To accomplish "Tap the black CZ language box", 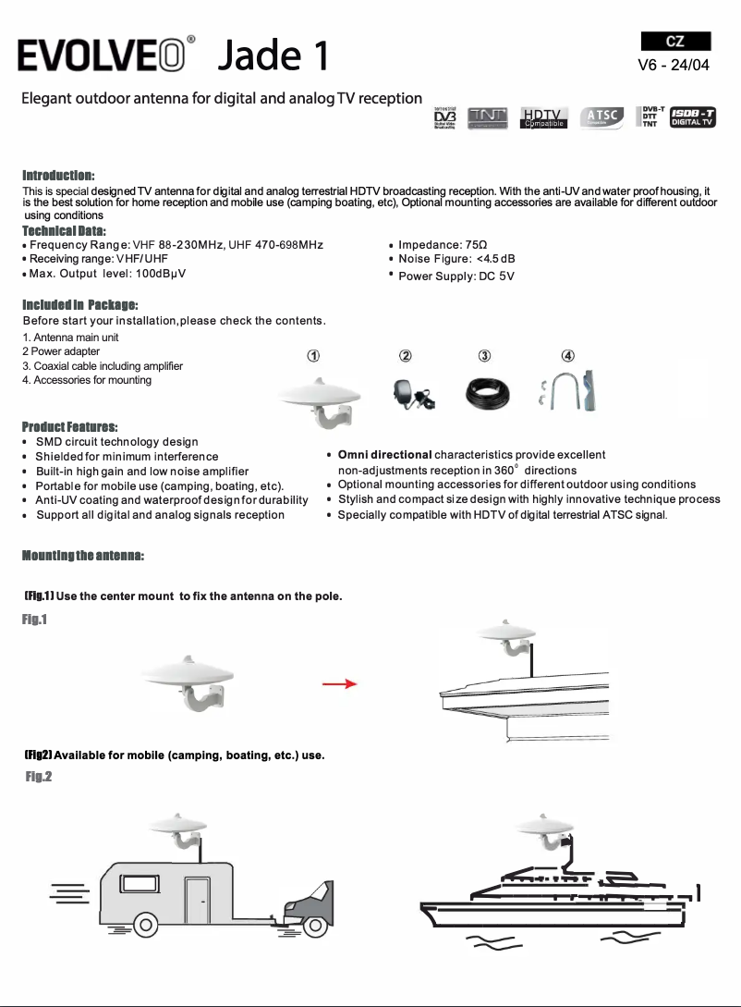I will pyautogui.click(x=675, y=41).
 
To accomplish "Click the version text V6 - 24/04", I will pyautogui.click(x=675, y=65).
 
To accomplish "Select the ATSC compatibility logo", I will pyautogui.click(x=601, y=117).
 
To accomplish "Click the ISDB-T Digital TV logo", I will pyautogui.click(x=693, y=117).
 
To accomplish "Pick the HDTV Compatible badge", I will pyautogui.click(x=544, y=117).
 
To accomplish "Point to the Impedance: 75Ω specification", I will pyautogui.click(x=436, y=244).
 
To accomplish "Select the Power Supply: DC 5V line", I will pyautogui.click(x=456, y=276).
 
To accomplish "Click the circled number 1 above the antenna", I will pyautogui.click(x=313, y=357).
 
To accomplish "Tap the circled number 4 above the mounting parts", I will pyautogui.click(x=568, y=357).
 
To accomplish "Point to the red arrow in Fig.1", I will pyautogui.click(x=339, y=684).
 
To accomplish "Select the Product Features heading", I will pyautogui.click(x=70, y=426).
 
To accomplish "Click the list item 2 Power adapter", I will pyautogui.click(x=61, y=351).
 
